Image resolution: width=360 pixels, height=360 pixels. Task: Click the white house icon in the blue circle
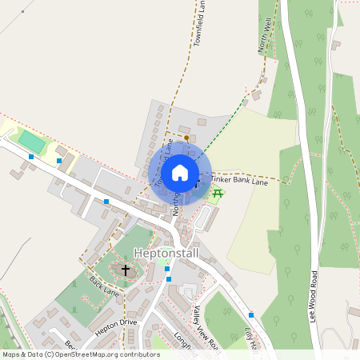click(x=180, y=173)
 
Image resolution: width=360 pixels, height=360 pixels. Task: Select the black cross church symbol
click(x=125, y=270)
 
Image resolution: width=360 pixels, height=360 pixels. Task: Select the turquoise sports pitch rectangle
click(x=33, y=142)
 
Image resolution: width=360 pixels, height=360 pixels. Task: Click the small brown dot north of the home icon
click(x=186, y=138)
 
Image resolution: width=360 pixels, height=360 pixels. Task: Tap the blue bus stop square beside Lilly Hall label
click(x=250, y=315)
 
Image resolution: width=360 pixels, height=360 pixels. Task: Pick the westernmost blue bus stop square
click(x=31, y=157)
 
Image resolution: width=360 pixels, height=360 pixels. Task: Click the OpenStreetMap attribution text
click(x=80, y=354)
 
